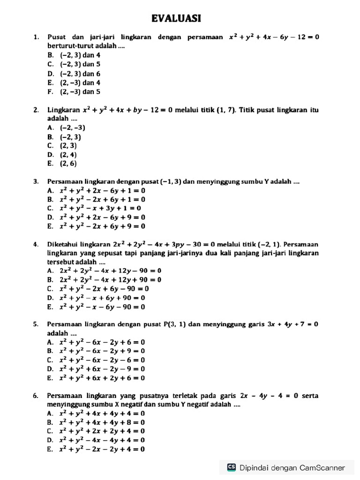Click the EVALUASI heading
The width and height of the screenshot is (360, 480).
176,18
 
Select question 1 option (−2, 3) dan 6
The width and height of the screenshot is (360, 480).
80,74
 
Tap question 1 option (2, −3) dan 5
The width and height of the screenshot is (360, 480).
80,92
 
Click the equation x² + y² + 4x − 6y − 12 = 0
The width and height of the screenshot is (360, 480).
274,37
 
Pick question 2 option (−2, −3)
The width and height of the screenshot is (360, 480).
73,127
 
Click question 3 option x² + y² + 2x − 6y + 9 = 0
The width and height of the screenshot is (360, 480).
102,217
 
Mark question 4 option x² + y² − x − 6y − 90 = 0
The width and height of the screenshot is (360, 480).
102,307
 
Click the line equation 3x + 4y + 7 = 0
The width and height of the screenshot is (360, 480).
292,324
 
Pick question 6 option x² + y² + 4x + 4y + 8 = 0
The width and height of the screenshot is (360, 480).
102,422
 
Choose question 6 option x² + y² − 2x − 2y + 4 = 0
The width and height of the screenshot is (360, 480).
102,450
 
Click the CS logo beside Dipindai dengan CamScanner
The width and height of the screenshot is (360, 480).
231,467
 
